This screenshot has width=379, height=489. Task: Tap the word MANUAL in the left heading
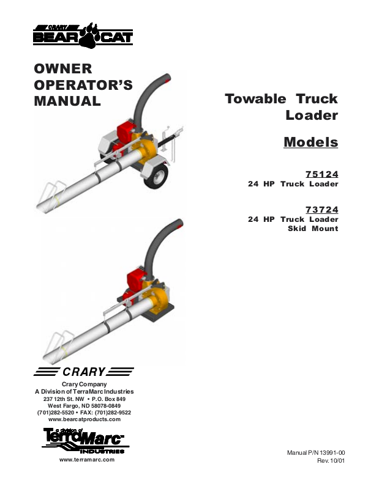(x=67, y=101)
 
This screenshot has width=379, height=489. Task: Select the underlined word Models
(x=310, y=142)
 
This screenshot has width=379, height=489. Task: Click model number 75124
(x=321, y=174)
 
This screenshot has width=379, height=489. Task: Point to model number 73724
(x=321, y=210)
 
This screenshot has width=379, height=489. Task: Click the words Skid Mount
(x=312, y=229)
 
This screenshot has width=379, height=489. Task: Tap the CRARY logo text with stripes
(x=84, y=372)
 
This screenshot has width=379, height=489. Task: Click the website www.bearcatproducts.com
(x=84, y=419)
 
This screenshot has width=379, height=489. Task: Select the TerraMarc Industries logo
(x=84, y=441)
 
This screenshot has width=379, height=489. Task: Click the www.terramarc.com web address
(x=86, y=460)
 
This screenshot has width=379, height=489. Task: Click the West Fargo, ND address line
(x=84, y=406)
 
